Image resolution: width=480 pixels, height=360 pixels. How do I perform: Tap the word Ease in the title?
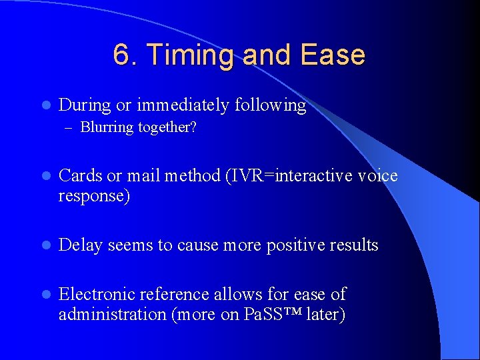[x=333, y=55]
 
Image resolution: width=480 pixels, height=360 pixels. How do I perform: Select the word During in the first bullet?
[x=85, y=105]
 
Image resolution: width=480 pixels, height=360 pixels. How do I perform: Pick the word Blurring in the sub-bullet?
[x=107, y=127]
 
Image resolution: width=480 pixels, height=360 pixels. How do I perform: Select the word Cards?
[x=81, y=176]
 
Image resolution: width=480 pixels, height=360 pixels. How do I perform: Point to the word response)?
[x=94, y=196]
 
